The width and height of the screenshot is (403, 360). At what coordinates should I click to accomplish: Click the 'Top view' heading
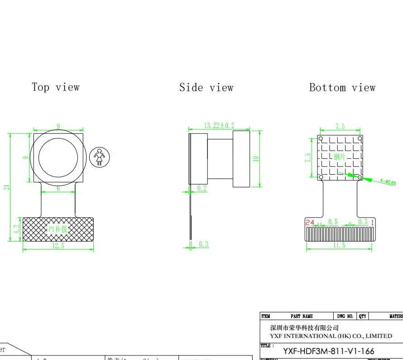[55, 87]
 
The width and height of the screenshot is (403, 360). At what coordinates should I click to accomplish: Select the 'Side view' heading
[206, 87]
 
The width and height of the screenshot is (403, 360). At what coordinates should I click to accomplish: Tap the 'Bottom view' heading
[342, 87]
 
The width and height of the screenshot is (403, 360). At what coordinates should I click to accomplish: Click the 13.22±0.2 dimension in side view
[219, 125]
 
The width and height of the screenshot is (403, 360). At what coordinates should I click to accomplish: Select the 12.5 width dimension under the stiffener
[58, 246]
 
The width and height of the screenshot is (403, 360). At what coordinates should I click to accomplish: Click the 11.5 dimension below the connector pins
[339, 246]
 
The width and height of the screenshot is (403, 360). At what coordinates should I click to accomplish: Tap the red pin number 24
[310, 222]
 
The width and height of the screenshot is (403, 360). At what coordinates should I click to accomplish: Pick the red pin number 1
[372, 222]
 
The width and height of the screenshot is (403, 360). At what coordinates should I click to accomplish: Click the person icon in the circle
[99, 157]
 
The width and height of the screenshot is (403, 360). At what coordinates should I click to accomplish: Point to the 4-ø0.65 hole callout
[388, 182]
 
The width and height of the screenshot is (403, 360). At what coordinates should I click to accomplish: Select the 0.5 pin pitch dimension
[333, 222]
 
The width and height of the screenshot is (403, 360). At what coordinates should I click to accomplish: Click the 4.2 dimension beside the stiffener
[16, 229]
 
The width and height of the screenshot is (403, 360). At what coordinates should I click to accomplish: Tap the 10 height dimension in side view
[255, 158]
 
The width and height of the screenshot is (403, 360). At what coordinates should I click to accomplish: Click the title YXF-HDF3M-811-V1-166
[328, 351]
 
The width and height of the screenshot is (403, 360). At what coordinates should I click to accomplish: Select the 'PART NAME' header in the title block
[301, 316]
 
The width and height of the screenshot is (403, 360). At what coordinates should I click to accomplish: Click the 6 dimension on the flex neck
[58, 188]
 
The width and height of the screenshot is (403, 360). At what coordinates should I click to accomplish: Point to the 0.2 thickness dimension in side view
[201, 189]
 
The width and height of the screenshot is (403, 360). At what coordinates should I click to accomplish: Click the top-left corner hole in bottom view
[321, 138]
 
